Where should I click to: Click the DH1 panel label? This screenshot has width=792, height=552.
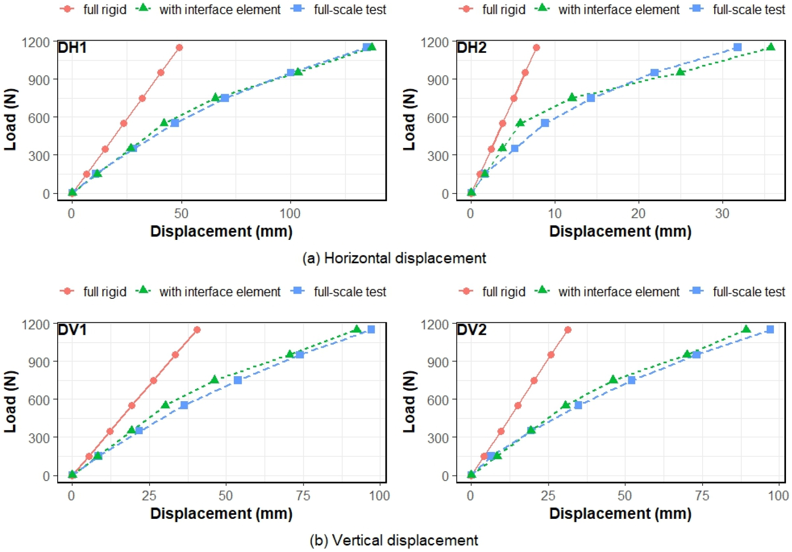pyautogui.click(x=72, y=48)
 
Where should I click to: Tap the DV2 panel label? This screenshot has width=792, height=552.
pyautogui.click(x=471, y=330)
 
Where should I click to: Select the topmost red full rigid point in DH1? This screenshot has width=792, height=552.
pyautogui.click(x=179, y=48)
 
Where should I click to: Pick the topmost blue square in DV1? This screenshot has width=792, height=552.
pyautogui.click(x=371, y=329)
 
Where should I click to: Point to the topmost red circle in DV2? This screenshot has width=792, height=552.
pyautogui.click(x=568, y=330)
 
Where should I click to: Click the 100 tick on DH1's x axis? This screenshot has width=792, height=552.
pyautogui.click(x=290, y=214)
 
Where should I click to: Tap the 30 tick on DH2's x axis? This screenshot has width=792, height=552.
pyautogui.click(x=722, y=214)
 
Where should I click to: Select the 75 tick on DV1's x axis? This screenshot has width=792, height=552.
pyautogui.click(x=303, y=496)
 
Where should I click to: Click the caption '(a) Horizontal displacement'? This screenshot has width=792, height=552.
pyautogui.click(x=394, y=258)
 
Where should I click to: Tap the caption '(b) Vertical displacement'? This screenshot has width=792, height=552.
pyautogui.click(x=394, y=540)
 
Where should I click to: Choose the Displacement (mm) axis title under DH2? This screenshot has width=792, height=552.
pyautogui.click(x=620, y=232)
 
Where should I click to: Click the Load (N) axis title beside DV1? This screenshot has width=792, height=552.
pyautogui.click(x=10, y=402)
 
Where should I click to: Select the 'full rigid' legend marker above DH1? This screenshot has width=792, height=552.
pyautogui.click(x=67, y=9)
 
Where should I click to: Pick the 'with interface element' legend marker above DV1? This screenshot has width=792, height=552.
pyautogui.click(x=144, y=291)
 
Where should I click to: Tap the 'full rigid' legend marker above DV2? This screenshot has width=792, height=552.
pyautogui.click(x=466, y=291)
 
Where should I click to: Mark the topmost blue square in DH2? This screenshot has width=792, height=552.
pyautogui.click(x=737, y=47)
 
